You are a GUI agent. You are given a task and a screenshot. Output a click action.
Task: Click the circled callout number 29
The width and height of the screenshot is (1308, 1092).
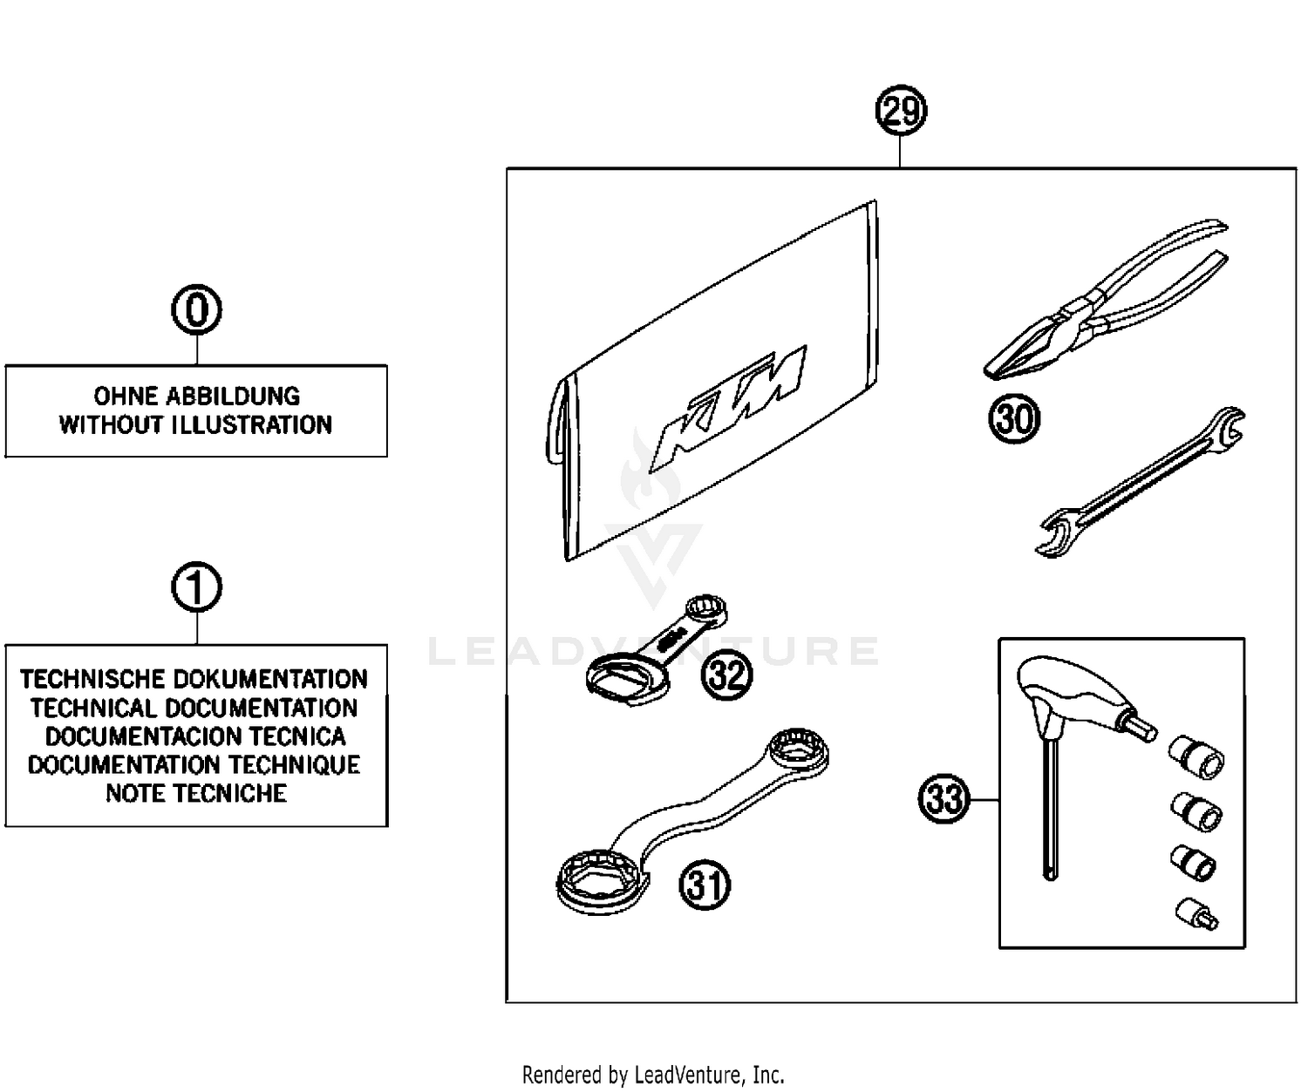901,112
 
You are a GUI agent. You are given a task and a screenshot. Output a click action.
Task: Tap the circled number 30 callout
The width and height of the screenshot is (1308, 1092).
1014,420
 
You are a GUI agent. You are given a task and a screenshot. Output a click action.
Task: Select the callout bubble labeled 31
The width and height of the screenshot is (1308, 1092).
705,885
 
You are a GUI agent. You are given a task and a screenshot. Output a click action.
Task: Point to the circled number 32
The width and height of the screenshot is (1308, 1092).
727,675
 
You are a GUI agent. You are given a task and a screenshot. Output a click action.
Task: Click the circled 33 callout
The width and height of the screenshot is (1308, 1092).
944,798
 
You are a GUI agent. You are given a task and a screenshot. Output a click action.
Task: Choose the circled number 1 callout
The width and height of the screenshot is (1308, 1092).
196,588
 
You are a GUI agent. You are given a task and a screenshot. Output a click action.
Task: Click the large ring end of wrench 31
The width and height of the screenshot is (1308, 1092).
602,880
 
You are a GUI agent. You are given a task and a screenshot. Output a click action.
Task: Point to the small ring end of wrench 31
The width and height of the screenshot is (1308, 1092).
798,749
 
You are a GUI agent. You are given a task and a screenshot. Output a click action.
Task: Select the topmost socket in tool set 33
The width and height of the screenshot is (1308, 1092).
1196,755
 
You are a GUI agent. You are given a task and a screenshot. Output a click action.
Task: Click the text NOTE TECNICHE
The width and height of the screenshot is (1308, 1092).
196,794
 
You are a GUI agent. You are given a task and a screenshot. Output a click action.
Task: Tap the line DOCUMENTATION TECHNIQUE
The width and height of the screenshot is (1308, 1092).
194,765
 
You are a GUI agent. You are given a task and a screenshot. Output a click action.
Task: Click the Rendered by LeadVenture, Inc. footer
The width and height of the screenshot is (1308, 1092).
653,1075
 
